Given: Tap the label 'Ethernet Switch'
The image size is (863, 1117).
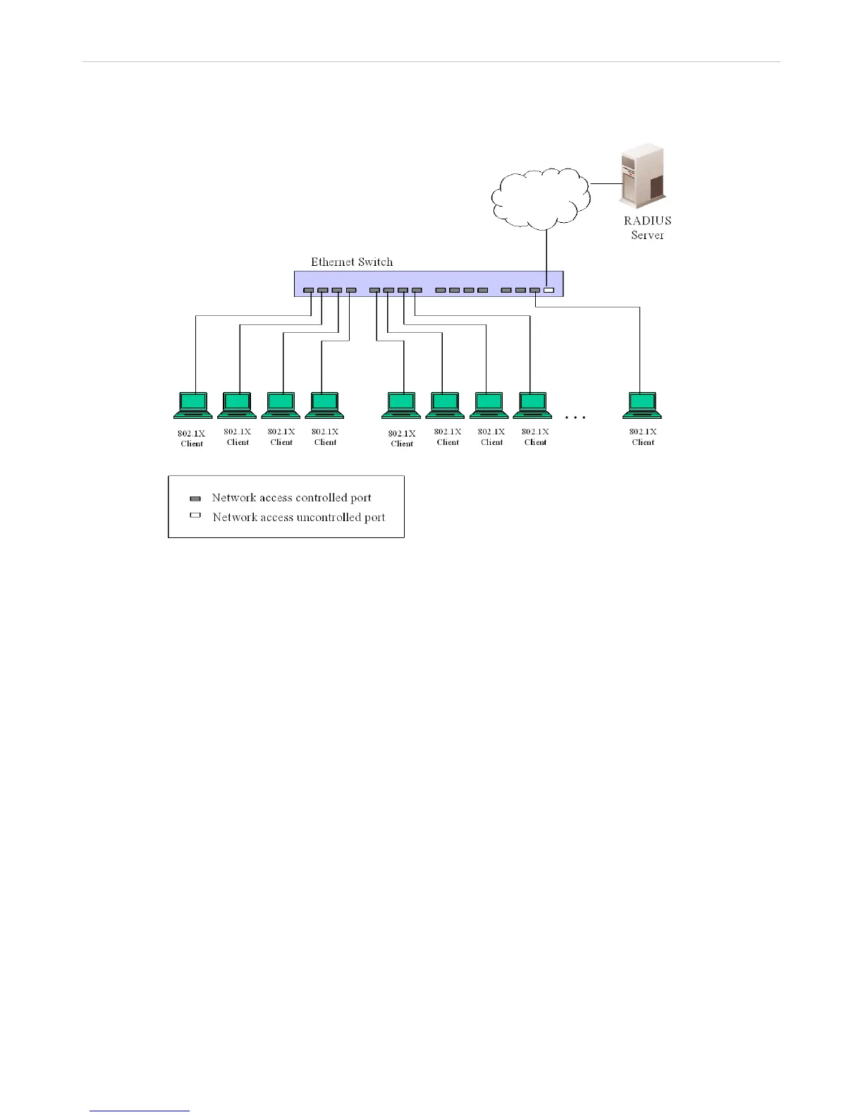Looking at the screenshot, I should (x=352, y=262).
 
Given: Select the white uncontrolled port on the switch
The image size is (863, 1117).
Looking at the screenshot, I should (x=549, y=291).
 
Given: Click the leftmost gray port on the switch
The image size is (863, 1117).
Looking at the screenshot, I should (x=309, y=291).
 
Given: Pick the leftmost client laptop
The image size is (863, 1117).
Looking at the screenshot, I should (x=192, y=405).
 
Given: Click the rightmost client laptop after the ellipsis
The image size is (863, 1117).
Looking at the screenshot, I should (x=642, y=405).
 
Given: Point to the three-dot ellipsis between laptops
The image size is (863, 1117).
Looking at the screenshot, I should (x=575, y=417).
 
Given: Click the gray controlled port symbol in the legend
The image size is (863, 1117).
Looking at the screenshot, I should (x=195, y=499).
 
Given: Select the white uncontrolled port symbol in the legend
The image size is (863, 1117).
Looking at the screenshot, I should (x=195, y=516).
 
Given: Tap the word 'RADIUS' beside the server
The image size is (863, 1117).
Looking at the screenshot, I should (x=647, y=221).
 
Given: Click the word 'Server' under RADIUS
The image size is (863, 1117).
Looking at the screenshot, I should (x=647, y=235).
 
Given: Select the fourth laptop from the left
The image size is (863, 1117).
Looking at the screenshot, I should (x=324, y=405).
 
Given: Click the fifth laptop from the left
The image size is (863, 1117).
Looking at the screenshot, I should (x=401, y=405).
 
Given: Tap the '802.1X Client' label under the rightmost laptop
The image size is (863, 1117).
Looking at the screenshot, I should (x=643, y=437).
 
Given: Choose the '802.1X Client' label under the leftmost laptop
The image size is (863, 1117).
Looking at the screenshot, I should (x=192, y=439).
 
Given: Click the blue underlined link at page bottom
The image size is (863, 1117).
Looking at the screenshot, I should (x=140, y=1111).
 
